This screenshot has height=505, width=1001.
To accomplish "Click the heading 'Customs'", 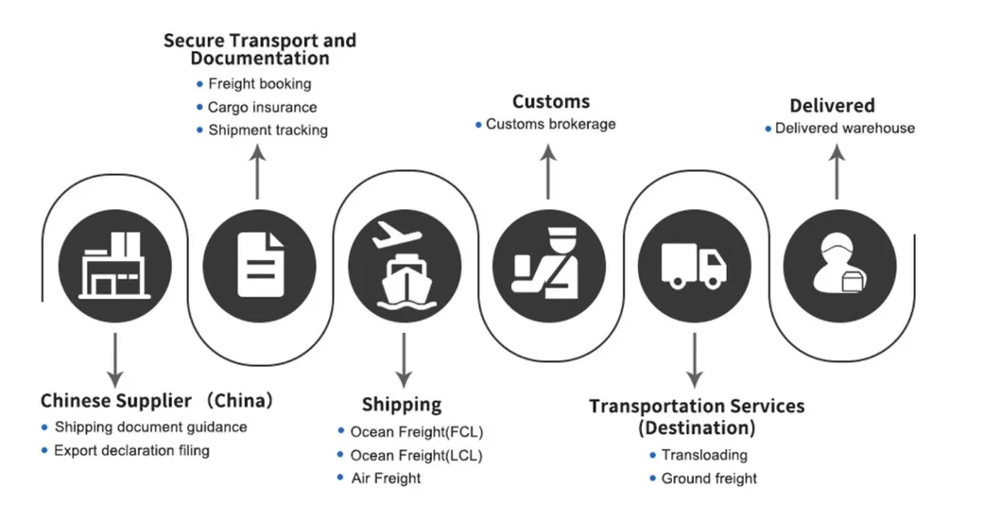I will click(x=550, y=101).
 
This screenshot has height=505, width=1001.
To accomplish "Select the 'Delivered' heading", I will click(x=832, y=105).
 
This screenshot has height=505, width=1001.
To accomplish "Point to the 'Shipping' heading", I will click(x=402, y=405).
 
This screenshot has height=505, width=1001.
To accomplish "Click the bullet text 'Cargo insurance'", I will click(x=262, y=107).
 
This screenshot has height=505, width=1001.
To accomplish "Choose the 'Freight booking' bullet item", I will click(x=259, y=84).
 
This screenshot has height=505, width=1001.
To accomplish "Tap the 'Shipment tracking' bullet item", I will click(x=268, y=130).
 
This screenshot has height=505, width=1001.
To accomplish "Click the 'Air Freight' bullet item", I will click(x=386, y=478).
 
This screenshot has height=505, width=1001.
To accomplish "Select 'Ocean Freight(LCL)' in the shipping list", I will click(x=416, y=455).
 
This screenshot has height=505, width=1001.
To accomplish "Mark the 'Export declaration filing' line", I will click(x=131, y=450).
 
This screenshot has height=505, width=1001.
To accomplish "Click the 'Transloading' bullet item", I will click(x=704, y=455).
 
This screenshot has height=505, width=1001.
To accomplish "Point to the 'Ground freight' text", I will click(x=709, y=479).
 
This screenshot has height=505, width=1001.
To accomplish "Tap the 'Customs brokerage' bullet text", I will click(x=550, y=124).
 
